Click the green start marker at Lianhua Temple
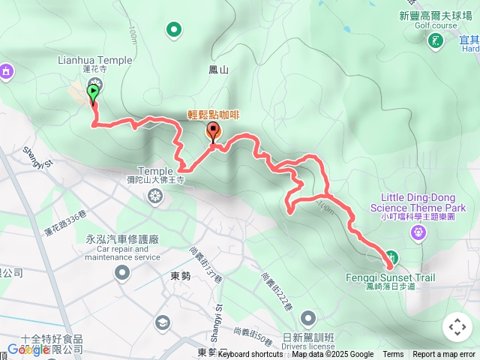click(x=93, y=93)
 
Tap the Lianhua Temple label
click(x=94, y=60)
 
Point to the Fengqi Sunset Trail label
click(x=400, y=277)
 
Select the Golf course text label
click(x=435, y=24)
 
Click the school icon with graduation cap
click(x=161, y=322)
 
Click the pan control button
click(x=457, y=327)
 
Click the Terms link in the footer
click(x=393, y=355)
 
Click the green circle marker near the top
click(x=174, y=30)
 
